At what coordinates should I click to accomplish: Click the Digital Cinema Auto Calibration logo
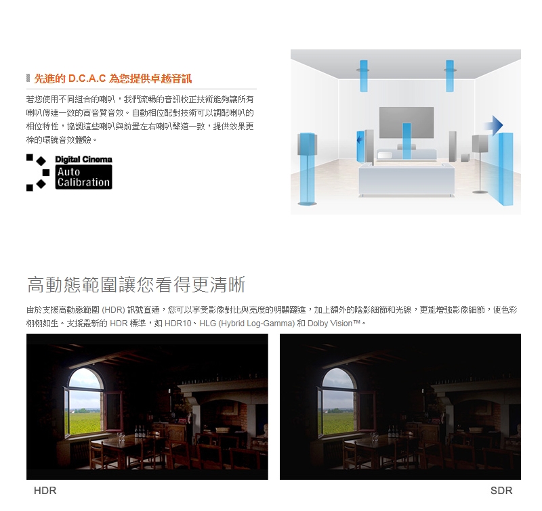coord(69,172)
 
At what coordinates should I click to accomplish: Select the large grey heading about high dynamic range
coord(135,284)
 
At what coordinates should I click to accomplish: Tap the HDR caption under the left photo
coord(45,491)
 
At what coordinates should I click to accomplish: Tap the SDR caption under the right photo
coord(501,491)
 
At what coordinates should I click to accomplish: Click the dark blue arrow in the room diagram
coord(495,125)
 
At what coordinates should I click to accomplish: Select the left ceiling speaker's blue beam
coord(364,76)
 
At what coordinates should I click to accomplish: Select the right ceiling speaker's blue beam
coord(450,76)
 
